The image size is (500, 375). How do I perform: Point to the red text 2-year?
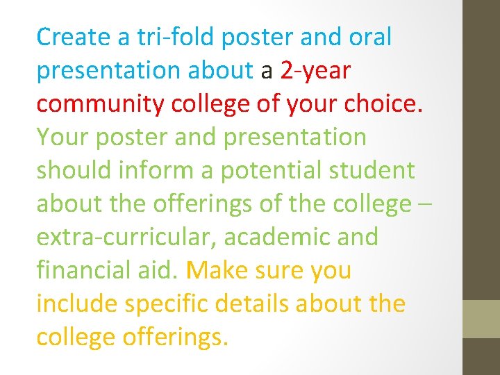click(316, 71)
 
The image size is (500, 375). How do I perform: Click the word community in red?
click(101, 104)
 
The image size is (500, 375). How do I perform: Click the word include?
click(77, 304)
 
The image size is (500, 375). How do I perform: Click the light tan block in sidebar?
click(481, 319)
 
